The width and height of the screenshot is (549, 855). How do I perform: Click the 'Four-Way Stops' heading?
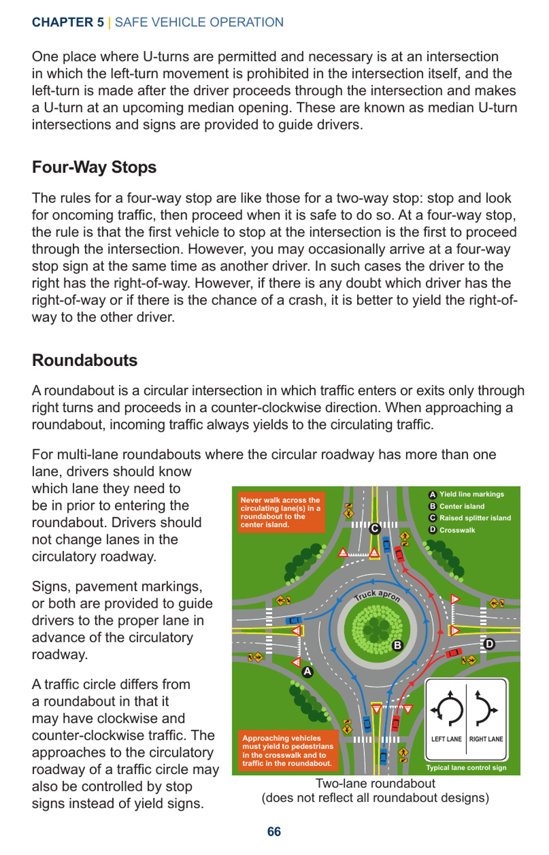pyautogui.click(x=94, y=167)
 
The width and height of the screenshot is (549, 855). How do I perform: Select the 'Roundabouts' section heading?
pyautogui.click(x=84, y=360)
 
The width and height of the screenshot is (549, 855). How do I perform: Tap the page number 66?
pyautogui.click(x=274, y=831)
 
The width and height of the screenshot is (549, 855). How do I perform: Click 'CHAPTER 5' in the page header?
pyautogui.click(x=68, y=22)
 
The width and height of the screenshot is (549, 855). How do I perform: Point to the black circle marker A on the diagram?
pyautogui.click(x=307, y=672)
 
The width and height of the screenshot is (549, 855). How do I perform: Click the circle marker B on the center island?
pyautogui.click(x=398, y=645)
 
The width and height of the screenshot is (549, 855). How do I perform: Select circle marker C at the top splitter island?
pyautogui.click(x=375, y=528)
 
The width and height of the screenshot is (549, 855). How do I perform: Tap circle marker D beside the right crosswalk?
pyautogui.click(x=489, y=644)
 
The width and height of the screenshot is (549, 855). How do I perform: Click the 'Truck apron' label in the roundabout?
pyautogui.click(x=377, y=595)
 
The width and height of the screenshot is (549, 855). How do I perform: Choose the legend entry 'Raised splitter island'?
pyautogui.click(x=474, y=518)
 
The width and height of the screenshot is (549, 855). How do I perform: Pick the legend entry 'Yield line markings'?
pyautogui.click(x=471, y=494)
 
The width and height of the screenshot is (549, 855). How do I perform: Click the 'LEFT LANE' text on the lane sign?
pyautogui.click(x=446, y=739)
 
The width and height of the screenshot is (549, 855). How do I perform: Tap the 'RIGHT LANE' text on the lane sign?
pyautogui.click(x=486, y=739)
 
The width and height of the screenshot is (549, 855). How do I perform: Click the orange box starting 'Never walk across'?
pyautogui.click(x=281, y=512)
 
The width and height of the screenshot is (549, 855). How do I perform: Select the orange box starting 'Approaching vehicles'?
pyautogui.click(x=287, y=750)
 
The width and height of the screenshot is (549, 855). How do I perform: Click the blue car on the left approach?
pyautogui.click(x=294, y=620)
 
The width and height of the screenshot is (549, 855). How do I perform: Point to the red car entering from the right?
pyautogui.click(x=454, y=653)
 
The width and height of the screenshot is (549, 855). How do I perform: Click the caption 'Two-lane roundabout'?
pyautogui.click(x=375, y=783)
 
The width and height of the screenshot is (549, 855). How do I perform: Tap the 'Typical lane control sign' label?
pyautogui.click(x=466, y=768)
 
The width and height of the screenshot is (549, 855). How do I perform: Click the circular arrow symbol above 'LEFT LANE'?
pyautogui.click(x=448, y=708)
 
